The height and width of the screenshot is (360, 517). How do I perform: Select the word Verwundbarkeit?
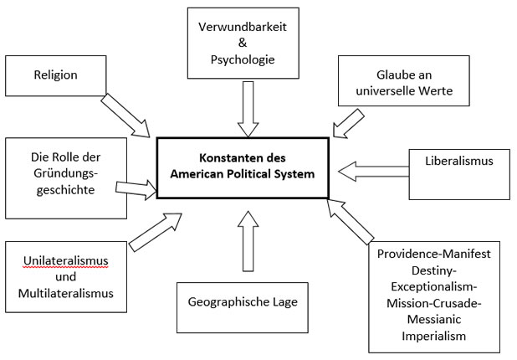tap(243, 27)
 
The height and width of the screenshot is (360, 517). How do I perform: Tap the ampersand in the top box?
tap(243, 44)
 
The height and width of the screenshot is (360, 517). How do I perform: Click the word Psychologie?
tap(243, 60)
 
